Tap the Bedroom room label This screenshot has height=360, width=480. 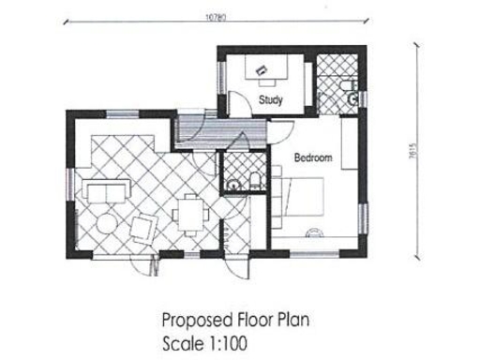click(313, 158)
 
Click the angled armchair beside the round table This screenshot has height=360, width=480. click(143, 229)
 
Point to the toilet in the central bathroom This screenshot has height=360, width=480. click(255, 181)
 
